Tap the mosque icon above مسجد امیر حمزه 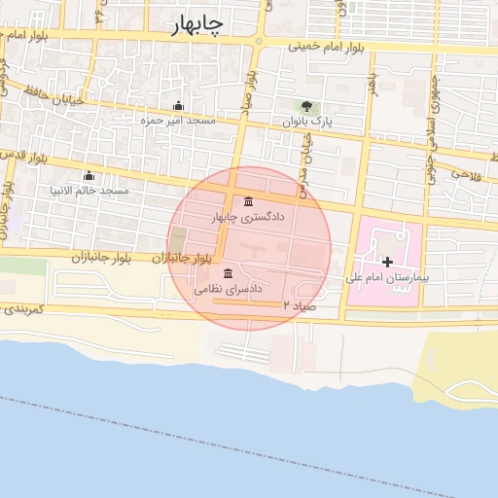pyautogui.click(x=178, y=106)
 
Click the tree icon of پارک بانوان pyautogui.click(x=307, y=106)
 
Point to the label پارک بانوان pyautogui.click(x=307, y=123)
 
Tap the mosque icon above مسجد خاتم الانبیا pyautogui.click(x=89, y=176)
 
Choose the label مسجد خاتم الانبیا pyautogui.click(x=89, y=191)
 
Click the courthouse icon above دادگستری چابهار pyautogui.click(x=250, y=200)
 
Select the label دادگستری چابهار pyautogui.click(x=250, y=216)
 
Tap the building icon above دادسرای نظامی pyautogui.click(x=228, y=273)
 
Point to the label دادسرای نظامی pyautogui.click(x=230, y=289)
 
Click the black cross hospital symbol pyautogui.click(x=387, y=261)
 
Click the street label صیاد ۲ pyautogui.click(x=300, y=304)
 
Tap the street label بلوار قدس pyautogui.click(x=23, y=155)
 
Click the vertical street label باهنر pyautogui.click(x=372, y=85)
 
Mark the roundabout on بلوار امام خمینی pyautogui.click(x=259, y=41)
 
